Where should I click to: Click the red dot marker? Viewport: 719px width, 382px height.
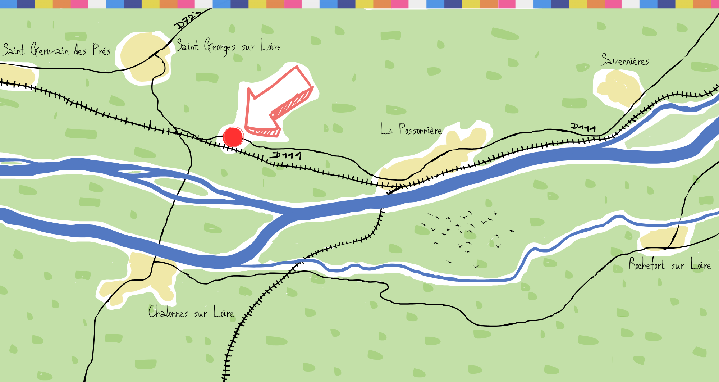click(233, 137)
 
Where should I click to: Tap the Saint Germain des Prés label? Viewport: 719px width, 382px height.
click(56, 50)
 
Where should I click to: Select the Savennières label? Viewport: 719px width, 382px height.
click(625, 60)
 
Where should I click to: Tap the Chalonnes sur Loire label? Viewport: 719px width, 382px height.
click(191, 312)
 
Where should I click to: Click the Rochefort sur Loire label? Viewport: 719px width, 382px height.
click(670, 265)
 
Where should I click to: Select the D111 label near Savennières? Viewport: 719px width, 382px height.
click(583, 127)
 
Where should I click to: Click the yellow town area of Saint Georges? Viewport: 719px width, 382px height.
click(144, 58)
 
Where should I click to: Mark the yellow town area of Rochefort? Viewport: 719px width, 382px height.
click(663, 238)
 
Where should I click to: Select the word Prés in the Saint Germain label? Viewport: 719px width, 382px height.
click(101, 50)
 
